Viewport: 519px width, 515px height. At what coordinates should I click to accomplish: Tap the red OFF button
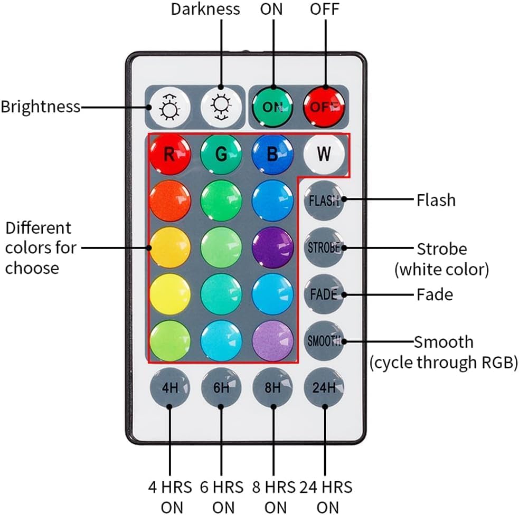(324, 106)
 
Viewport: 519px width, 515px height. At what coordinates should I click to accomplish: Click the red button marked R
(169, 155)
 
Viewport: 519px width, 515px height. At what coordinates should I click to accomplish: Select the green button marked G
(221, 155)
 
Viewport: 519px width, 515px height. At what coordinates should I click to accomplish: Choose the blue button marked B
(272, 155)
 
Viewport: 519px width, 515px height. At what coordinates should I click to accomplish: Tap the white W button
(324, 155)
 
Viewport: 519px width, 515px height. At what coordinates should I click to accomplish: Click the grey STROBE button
(324, 247)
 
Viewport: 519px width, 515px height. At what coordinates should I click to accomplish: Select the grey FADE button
(324, 294)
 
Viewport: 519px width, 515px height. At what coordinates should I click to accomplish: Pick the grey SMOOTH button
(324, 341)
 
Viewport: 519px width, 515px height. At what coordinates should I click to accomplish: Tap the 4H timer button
(169, 388)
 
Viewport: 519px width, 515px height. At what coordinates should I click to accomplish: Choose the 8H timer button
(272, 388)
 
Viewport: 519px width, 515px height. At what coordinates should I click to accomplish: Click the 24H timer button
(324, 388)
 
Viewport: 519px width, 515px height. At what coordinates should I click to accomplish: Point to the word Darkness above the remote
(205, 9)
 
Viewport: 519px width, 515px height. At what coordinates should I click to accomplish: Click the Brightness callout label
(41, 107)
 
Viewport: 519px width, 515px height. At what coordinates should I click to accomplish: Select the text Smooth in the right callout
(443, 342)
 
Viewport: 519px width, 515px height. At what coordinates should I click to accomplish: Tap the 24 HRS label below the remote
(326, 486)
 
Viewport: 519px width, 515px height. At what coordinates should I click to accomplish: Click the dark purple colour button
(272, 247)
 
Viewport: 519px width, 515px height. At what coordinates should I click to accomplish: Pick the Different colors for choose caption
(40, 247)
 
